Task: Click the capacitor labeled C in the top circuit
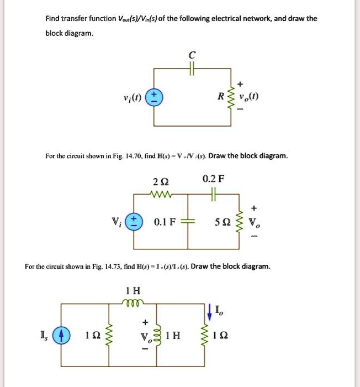(x=192, y=68)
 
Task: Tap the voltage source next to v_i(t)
(x=154, y=98)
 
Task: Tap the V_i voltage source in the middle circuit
(x=133, y=222)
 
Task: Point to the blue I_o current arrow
(x=209, y=311)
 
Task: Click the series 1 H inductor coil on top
(x=133, y=303)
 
